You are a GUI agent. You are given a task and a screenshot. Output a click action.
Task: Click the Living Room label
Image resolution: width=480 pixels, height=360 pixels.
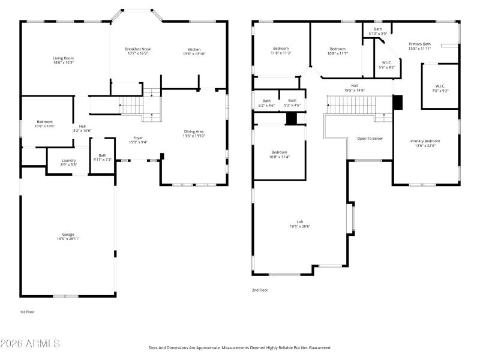64,58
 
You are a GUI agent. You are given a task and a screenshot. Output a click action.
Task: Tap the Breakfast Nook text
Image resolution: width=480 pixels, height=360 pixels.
137,49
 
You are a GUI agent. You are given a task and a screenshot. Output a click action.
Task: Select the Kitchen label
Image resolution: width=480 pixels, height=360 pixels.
194,49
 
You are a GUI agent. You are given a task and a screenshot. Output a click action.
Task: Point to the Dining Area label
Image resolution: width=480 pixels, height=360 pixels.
194,131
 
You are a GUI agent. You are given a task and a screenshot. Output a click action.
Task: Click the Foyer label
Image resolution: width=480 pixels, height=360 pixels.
138,138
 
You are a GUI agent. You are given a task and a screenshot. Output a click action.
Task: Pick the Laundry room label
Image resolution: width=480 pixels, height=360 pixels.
69,160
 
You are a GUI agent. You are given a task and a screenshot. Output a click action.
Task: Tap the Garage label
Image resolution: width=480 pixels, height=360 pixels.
68,234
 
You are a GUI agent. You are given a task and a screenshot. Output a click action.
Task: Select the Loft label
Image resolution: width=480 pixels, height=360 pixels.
300,222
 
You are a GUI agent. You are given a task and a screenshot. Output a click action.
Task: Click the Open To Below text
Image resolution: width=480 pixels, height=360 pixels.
370,138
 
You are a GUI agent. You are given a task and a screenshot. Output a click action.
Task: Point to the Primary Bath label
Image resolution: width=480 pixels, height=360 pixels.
419,44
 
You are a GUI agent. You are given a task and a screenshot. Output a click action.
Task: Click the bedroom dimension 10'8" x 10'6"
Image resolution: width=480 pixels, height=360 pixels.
44,126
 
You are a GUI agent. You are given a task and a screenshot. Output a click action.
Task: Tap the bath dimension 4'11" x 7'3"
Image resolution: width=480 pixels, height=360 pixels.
103,160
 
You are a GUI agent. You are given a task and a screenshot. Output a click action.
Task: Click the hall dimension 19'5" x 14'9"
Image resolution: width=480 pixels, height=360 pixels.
354,90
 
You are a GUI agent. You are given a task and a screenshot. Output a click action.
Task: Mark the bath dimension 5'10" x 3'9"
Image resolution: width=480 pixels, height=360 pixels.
377,33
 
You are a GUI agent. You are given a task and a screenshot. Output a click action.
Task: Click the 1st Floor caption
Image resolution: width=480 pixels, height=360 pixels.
28,312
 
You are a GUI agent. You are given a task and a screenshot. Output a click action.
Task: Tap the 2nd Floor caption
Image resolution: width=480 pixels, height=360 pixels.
260,290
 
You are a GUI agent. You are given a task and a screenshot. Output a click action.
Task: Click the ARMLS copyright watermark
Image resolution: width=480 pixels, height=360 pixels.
30,344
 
